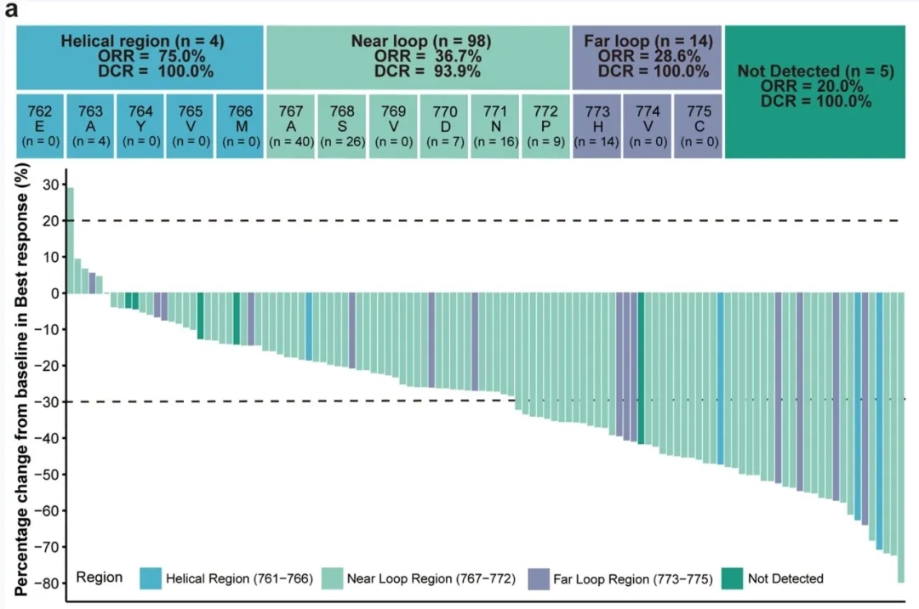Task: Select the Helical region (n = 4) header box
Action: [x=141, y=57]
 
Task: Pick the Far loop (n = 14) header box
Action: [x=648, y=57]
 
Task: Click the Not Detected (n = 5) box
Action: [x=815, y=92]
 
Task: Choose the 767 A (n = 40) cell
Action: [x=291, y=126]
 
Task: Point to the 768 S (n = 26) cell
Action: [x=341, y=126]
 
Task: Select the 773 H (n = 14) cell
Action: [x=596, y=126]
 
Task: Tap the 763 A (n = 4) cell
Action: [x=90, y=126]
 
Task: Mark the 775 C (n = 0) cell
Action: [x=698, y=126]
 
